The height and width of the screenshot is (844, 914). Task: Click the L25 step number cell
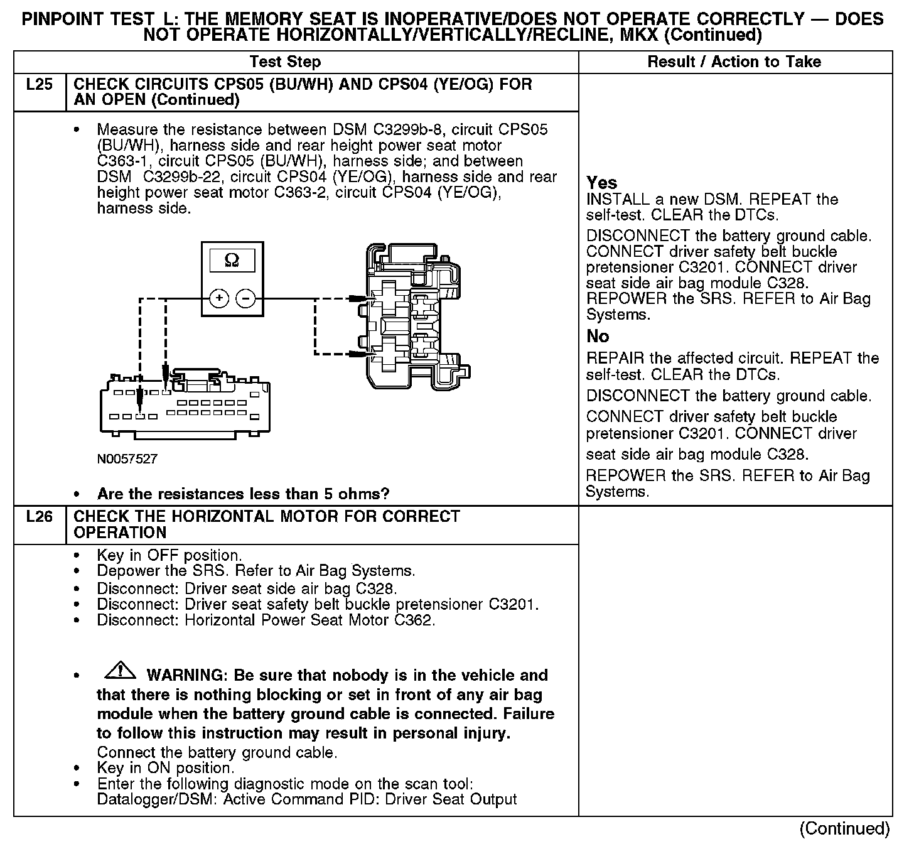pyautogui.click(x=39, y=85)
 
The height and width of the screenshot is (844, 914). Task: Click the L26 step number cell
pyautogui.click(x=39, y=517)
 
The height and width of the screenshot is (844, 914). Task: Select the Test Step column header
pyautogui.click(x=285, y=62)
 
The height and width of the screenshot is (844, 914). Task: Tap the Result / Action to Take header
pyautogui.click(x=734, y=62)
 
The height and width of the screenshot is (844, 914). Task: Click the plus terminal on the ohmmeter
pyautogui.click(x=218, y=298)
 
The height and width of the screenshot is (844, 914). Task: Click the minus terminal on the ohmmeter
pyautogui.click(x=245, y=298)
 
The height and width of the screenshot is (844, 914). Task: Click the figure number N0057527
pyautogui.click(x=127, y=459)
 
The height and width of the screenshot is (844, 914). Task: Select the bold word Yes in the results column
pyautogui.click(x=601, y=183)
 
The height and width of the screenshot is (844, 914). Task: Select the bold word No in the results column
pyautogui.click(x=598, y=337)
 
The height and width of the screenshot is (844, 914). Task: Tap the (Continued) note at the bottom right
pyautogui.click(x=844, y=828)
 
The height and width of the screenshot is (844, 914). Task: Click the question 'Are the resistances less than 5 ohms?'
pyautogui.click(x=244, y=494)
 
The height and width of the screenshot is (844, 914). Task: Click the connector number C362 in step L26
pyautogui.click(x=414, y=620)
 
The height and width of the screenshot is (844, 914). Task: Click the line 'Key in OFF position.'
pyautogui.click(x=169, y=555)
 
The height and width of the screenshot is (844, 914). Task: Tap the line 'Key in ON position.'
pyautogui.click(x=166, y=768)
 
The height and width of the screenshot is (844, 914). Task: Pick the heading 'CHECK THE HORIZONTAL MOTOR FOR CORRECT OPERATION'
pyautogui.click(x=267, y=524)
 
